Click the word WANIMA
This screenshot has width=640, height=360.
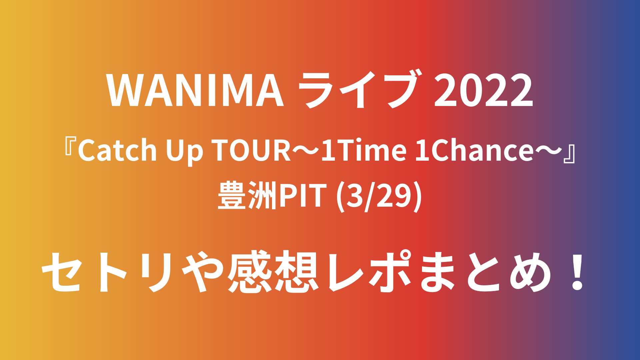click(x=195, y=90)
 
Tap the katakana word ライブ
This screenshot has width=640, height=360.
click(x=359, y=89)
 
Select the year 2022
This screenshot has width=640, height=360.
click(x=484, y=90)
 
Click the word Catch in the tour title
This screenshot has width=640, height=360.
click(x=117, y=150)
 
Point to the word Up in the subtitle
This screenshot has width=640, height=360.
click(x=185, y=152)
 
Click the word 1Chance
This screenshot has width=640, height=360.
click(x=475, y=150)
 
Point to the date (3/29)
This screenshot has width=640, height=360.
click(x=379, y=197)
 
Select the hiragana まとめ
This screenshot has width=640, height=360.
click(x=485, y=272)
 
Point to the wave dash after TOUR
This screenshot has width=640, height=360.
click(x=306, y=151)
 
